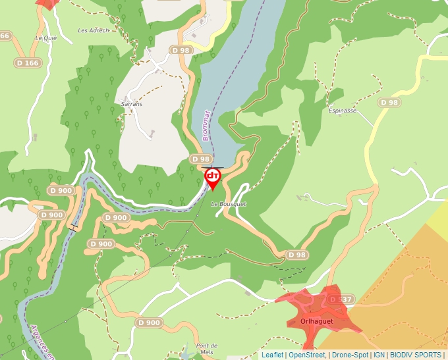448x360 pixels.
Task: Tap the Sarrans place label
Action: click(132, 104)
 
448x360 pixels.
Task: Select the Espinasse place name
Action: click(342, 111)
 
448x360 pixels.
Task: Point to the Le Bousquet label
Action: click(229, 205)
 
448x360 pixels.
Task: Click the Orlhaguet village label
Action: click(316, 321)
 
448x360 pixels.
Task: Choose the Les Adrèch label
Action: click(92, 30)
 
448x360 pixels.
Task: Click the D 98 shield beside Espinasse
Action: click(389, 103)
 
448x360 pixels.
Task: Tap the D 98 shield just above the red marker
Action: click(200, 159)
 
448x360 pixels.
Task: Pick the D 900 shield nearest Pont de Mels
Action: click(150, 323)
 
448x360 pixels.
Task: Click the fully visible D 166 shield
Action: click(28, 63)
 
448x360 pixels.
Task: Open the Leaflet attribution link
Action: click(272, 355)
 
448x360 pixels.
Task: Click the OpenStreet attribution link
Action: click(306, 355)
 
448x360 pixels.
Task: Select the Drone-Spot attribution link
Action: click(349, 355)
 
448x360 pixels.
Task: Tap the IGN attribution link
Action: click(379, 355)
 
